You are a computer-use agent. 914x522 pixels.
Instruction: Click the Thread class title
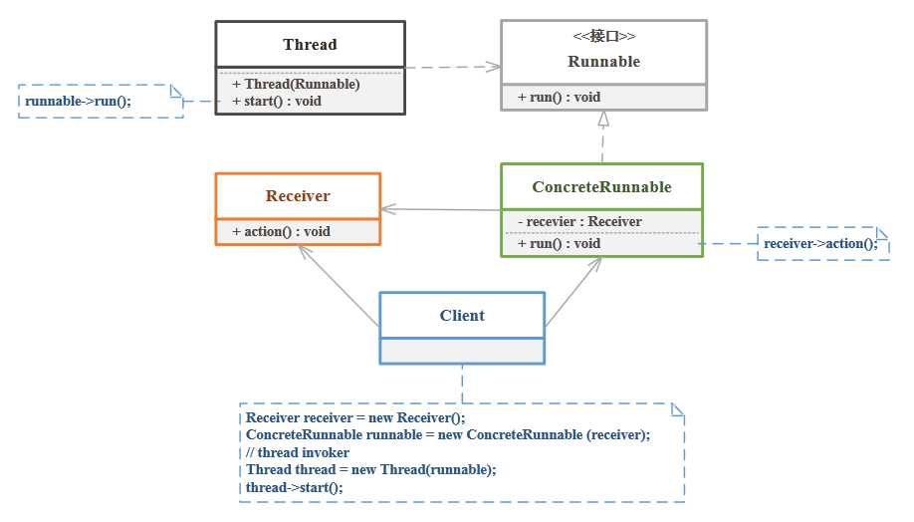click(x=310, y=44)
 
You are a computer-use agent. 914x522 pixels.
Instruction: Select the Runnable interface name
click(x=603, y=62)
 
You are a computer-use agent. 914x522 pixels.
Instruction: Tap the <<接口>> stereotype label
click(x=603, y=37)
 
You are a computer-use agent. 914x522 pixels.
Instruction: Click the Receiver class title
click(x=298, y=196)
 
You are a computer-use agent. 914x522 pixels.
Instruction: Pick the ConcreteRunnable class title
click(x=601, y=186)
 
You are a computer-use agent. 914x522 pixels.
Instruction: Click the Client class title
click(x=462, y=315)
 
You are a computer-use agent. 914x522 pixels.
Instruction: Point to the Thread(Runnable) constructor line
click(x=296, y=84)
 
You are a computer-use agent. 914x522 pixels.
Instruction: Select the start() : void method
click(x=277, y=101)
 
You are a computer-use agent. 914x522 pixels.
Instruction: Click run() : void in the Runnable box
click(x=559, y=97)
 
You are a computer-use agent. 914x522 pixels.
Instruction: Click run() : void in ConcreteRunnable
click(x=559, y=243)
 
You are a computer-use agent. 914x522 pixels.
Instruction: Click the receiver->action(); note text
click(x=820, y=243)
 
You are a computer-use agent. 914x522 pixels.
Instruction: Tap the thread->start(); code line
click(x=294, y=487)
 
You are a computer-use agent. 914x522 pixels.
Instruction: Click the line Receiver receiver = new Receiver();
click(x=355, y=417)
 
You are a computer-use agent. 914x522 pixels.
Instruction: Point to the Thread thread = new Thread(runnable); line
click(x=370, y=469)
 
